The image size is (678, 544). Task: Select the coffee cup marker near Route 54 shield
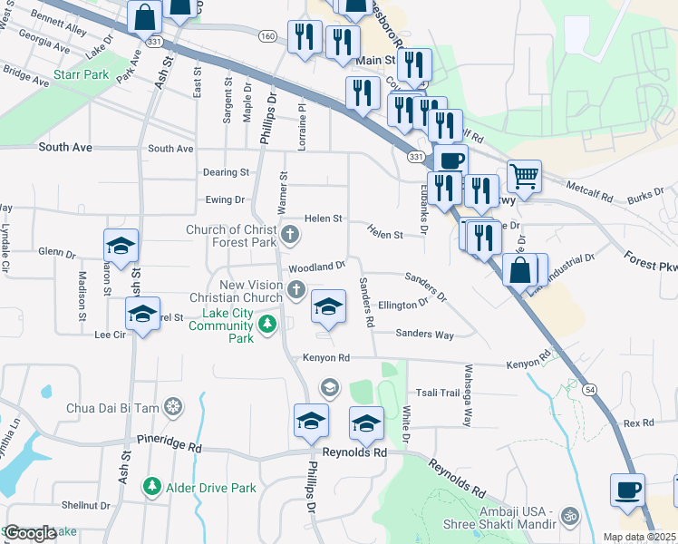click(627, 490)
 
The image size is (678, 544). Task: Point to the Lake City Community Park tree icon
click(266, 324)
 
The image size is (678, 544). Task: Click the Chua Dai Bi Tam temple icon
click(174, 407)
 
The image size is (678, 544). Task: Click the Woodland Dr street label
click(316, 267)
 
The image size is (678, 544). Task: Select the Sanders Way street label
click(424, 335)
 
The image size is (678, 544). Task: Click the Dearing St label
click(226, 172)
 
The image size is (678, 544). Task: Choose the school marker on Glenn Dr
click(121, 246)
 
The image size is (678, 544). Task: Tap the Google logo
click(30, 533)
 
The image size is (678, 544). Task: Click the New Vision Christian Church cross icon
click(295, 290)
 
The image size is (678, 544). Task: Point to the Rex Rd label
click(638, 423)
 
